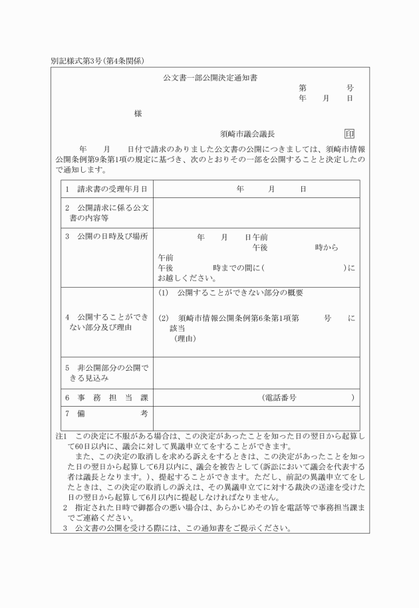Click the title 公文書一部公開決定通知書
click(x=210, y=78)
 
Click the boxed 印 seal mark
click(x=349, y=134)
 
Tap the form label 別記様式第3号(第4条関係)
click(x=98, y=61)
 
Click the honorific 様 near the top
click(x=138, y=114)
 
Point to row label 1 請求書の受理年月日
click(x=106, y=189)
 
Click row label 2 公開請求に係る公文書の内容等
click(x=106, y=213)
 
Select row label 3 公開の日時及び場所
click(x=106, y=237)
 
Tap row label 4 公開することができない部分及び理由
click(x=106, y=322)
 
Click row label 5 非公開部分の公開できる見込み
click(x=106, y=372)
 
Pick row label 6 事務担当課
click(x=106, y=397)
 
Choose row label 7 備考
click(x=106, y=414)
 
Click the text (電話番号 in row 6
click(x=279, y=397)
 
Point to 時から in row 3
click(x=326, y=247)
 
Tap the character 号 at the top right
click(x=350, y=88)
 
